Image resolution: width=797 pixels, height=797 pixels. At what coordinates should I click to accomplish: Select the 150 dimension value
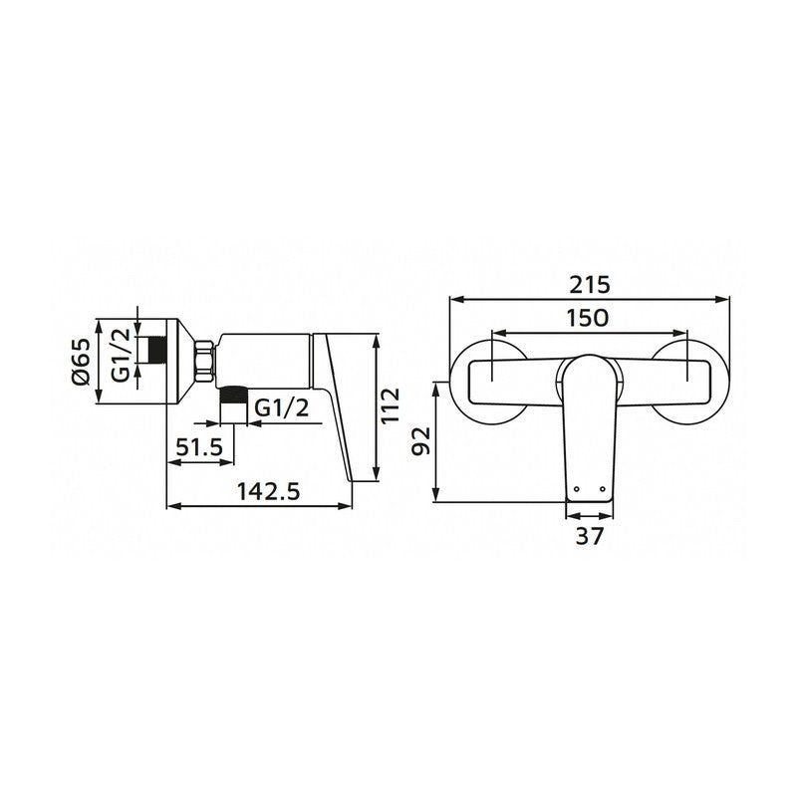click(x=590, y=319)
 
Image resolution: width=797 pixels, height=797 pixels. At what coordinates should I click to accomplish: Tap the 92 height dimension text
click(x=420, y=439)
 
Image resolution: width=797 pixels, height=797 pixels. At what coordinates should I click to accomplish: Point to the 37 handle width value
click(x=590, y=536)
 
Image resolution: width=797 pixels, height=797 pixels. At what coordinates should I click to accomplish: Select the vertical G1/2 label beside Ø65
click(x=119, y=361)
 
